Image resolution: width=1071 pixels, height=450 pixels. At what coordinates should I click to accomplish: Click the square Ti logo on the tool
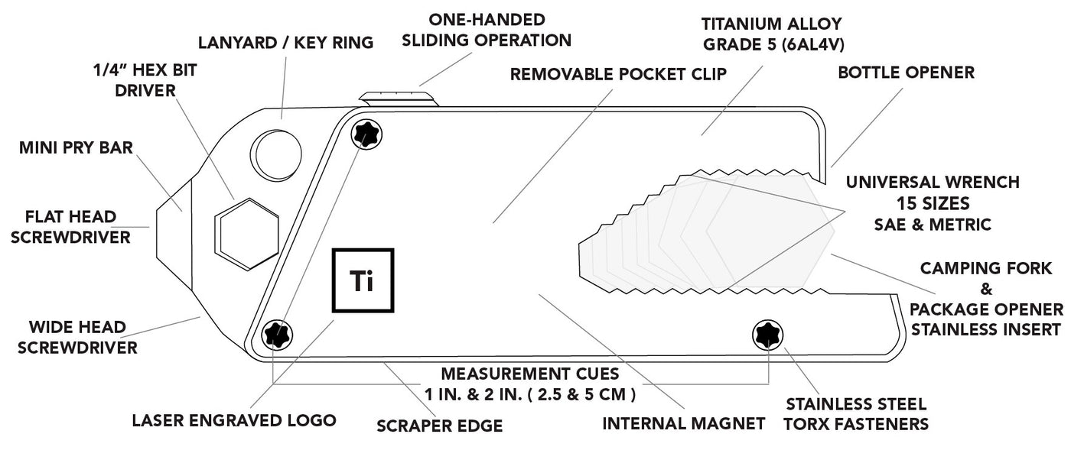point(363,280)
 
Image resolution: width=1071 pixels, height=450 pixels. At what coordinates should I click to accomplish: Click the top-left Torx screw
point(366,135)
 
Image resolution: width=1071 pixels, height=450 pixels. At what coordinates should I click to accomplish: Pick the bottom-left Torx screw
point(276,334)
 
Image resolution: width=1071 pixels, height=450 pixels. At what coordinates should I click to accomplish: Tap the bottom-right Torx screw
point(767,334)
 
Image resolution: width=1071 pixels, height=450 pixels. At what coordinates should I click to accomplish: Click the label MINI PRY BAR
point(76,147)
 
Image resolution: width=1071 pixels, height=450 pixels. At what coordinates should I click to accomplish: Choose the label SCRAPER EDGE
point(439,426)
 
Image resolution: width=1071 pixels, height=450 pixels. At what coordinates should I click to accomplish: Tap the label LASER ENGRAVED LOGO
point(234,420)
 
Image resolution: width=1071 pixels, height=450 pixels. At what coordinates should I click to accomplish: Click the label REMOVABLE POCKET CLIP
point(618,74)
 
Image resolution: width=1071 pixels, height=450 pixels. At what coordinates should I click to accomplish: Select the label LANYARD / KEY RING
point(285,43)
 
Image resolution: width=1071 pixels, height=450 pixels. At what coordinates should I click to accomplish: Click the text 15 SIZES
point(932,204)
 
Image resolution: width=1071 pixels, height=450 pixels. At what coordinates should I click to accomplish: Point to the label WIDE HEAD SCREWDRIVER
point(77,337)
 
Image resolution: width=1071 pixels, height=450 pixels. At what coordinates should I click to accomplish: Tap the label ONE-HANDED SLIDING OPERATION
point(497,29)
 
